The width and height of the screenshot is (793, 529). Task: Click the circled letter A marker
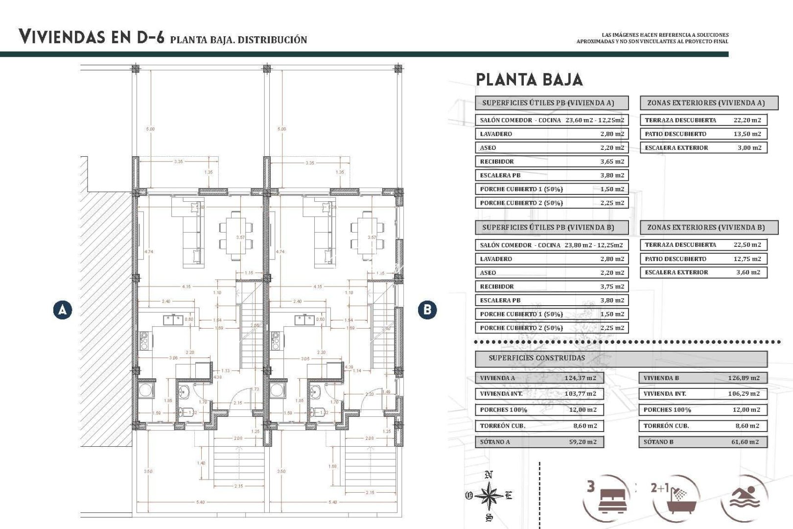pos(63,310)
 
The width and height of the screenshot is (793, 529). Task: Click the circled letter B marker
pos(427,310)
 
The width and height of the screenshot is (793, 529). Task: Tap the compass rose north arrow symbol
pos(489,496)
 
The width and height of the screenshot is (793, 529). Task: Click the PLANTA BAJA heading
pos(529,80)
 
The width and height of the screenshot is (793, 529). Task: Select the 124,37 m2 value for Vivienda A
pos(580,378)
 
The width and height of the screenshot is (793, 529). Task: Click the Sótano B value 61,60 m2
pos(745,442)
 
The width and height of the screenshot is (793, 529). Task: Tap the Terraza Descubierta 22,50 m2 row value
pos(747,245)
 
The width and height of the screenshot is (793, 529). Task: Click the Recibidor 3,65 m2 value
pos(612,162)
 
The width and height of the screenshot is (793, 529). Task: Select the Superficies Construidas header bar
pos(621,358)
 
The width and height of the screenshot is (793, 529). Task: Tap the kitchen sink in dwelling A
pos(173,320)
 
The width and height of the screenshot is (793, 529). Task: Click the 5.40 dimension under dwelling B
pos(333,502)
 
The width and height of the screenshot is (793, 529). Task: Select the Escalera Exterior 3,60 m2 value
pos(748,272)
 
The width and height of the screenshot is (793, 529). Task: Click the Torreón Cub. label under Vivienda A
pos(503,426)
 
